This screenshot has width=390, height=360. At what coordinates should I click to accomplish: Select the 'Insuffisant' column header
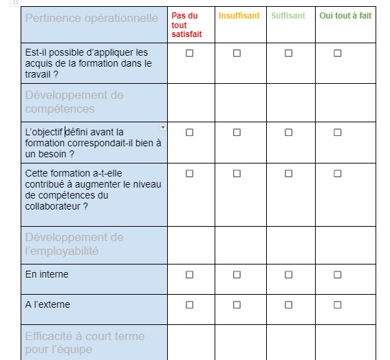tap(239, 15)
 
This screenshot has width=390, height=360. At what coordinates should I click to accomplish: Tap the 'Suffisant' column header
tap(288, 15)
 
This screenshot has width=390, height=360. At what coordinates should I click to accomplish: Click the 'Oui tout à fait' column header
tap(345, 15)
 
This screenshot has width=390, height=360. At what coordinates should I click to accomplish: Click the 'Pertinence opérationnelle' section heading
tap(91, 18)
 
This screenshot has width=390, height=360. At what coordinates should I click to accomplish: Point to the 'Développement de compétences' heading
tap(74, 102)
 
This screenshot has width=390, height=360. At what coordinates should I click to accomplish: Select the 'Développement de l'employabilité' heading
tap(74, 244)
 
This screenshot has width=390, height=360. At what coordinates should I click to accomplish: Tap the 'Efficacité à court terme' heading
tap(85, 342)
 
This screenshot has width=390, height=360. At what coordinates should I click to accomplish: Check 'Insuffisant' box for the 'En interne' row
tap(237, 275)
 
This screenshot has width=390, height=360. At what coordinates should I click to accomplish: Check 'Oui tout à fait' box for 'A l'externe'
tap(338, 304)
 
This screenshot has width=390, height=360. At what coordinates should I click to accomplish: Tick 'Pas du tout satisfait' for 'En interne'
tap(190, 275)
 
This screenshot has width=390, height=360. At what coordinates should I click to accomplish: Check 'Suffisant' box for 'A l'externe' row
tap(288, 304)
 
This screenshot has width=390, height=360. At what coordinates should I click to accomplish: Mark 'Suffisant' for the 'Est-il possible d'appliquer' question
tap(288, 53)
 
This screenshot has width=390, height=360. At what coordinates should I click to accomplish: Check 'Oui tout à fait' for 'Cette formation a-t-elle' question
tap(338, 174)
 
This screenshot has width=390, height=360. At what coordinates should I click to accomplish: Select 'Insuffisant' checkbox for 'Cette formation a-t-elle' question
tap(237, 174)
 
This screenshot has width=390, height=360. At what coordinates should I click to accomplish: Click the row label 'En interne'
tap(47, 275)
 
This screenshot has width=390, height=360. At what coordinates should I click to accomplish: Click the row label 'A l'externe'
tap(47, 304)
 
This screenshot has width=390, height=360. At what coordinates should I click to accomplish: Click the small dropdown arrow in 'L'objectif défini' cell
tap(163, 127)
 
